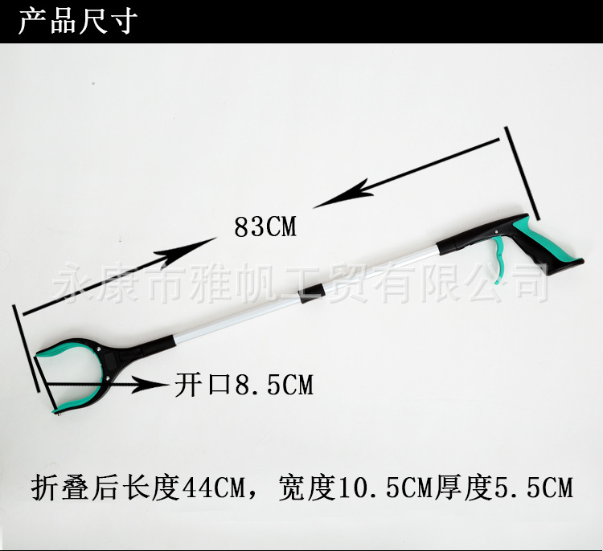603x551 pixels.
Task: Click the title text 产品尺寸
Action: (x=78, y=22)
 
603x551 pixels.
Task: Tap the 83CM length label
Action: (x=265, y=228)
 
